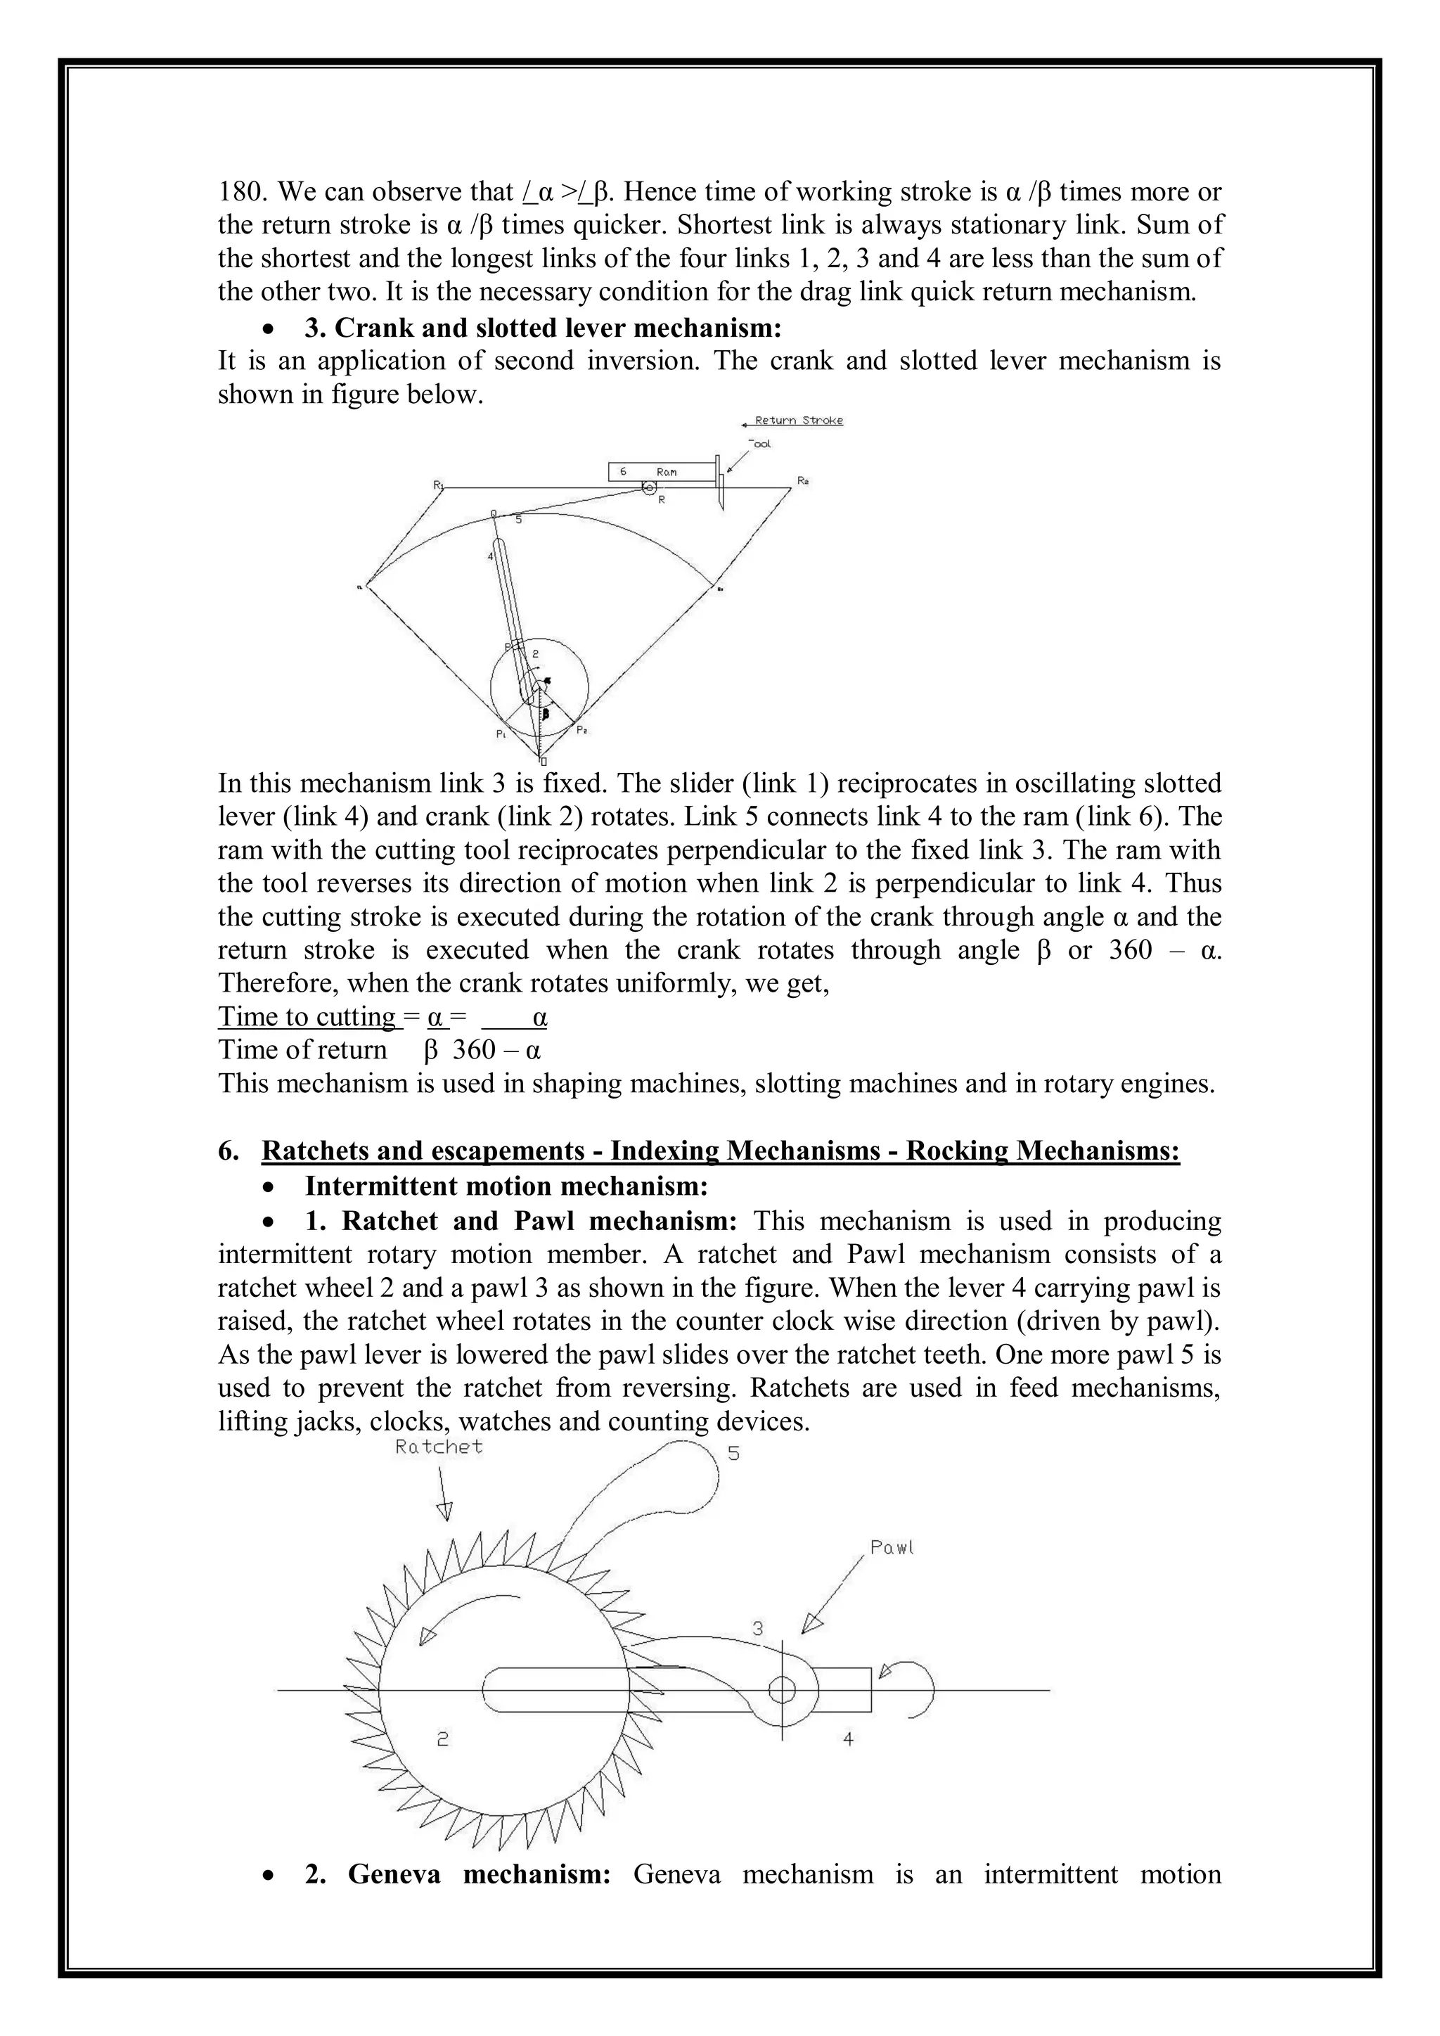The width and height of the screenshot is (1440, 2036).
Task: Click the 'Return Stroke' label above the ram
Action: (798, 421)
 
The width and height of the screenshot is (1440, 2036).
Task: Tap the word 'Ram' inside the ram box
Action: (667, 473)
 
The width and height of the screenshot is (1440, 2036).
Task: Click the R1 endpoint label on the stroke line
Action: (438, 485)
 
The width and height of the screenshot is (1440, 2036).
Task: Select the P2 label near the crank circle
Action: (581, 730)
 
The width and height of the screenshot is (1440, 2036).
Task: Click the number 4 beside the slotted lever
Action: (490, 557)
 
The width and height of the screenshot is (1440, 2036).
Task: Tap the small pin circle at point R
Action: (649, 487)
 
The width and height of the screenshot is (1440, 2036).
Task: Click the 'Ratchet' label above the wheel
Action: (439, 1447)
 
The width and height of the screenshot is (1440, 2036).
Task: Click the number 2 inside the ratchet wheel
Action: (442, 1739)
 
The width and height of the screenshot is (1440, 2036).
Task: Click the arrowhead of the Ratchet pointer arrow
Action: (445, 1511)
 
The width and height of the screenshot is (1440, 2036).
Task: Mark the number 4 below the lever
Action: (848, 1739)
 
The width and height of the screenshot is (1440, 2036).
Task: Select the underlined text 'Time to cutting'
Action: (308, 1016)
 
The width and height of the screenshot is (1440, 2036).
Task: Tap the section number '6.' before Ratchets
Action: (229, 1151)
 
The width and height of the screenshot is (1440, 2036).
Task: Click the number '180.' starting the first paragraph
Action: (243, 191)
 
